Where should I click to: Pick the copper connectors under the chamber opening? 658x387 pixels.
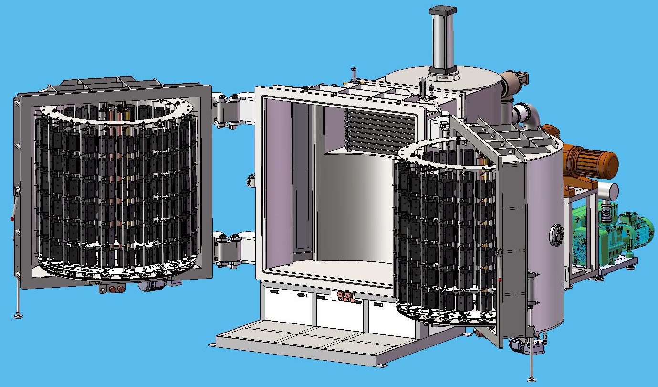(345, 297)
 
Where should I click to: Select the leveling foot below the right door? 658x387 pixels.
(532, 375)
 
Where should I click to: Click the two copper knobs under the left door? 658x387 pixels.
(115, 289)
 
